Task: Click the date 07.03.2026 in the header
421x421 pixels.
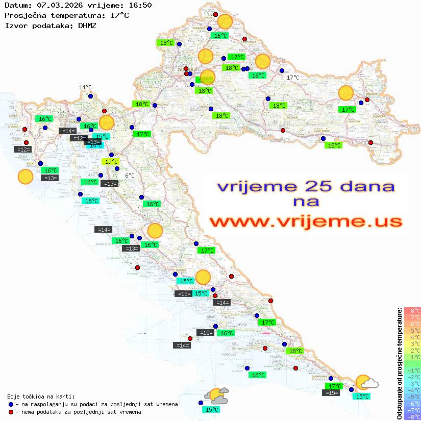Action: tap(58, 5)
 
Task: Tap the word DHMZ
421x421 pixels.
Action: tap(87, 25)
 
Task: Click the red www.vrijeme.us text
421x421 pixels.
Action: tap(305, 221)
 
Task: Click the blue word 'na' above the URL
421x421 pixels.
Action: tap(306, 202)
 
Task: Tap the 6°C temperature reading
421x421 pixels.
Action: tap(130, 176)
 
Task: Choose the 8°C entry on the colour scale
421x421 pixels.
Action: tap(412, 310)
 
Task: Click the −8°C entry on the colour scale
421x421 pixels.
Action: tap(412, 416)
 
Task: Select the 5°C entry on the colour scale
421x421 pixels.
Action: tap(412, 330)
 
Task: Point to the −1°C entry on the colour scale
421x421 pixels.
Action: tap(412, 370)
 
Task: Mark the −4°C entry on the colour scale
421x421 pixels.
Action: tap(412, 390)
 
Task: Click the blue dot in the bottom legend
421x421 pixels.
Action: tap(11, 404)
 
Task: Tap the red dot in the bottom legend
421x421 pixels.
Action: tap(11, 412)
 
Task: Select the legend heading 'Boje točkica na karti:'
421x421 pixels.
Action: tap(41, 397)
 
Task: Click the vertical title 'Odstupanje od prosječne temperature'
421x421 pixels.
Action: tap(400, 363)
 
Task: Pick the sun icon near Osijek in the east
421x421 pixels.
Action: tap(346, 93)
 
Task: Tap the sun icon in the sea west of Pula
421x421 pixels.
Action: tap(25, 177)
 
